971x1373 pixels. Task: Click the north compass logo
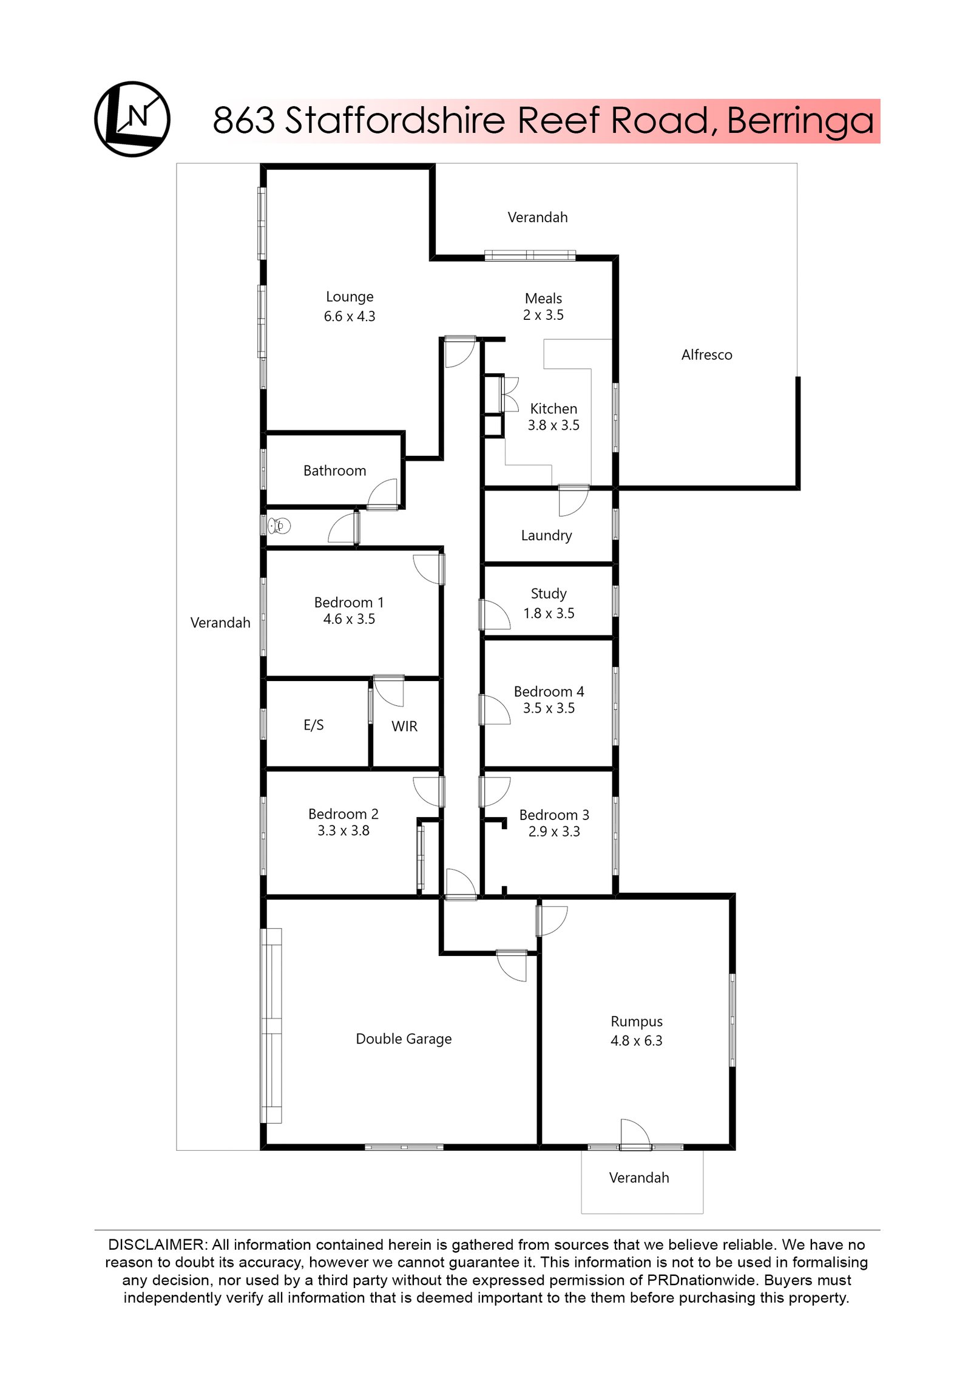point(132,119)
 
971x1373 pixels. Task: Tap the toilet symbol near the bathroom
point(280,526)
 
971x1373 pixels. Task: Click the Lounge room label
point(350,297)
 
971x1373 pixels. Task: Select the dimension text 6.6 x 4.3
point(350,316)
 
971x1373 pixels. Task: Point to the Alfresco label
point(706,355)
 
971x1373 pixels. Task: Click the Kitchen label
point(553,409)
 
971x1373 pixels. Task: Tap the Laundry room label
point(546,535)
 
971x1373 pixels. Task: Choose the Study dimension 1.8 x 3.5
point(549,613)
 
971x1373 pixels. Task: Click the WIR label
point(404,726)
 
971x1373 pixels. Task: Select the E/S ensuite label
point(314,725)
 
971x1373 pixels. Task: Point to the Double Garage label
point(404,1039)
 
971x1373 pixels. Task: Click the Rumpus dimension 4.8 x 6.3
point(636,1040)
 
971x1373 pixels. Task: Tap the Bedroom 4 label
point(549,691)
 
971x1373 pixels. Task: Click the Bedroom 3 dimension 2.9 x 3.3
point(554,831)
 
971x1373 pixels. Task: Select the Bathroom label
point(334,470)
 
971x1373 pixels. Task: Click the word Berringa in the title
point(800,121)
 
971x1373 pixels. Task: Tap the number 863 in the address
point(244,121)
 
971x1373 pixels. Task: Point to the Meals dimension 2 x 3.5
point(543,315)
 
